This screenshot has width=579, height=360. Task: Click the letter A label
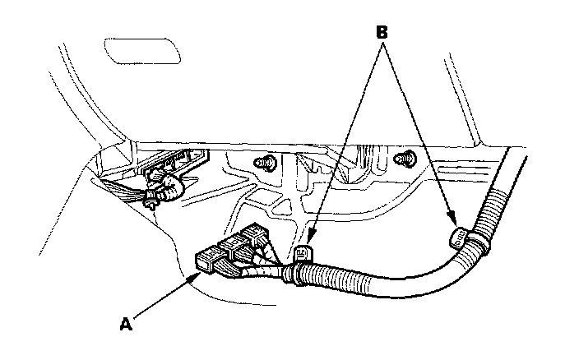(126, 324)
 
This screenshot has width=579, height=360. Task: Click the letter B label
(381, 33)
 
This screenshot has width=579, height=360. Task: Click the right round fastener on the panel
(405, 158)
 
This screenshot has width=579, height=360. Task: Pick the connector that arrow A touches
(207, 262)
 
